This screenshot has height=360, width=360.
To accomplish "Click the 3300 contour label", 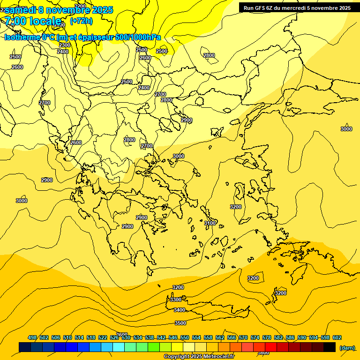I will (176, 300).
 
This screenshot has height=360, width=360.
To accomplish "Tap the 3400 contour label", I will (180, 310).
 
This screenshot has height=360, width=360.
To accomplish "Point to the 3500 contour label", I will (180, 323).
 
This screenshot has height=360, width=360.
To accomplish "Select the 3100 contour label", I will (210, 223).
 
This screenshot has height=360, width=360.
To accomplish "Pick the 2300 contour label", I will (65, 45).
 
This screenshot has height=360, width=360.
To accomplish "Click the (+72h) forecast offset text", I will (81, 21).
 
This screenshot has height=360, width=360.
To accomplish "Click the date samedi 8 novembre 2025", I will (59, 10).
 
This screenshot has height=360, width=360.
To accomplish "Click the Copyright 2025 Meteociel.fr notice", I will (199, 357).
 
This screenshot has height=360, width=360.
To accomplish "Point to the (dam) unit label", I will (347, 347).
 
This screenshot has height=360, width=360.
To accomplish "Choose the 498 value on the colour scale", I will (32, 337).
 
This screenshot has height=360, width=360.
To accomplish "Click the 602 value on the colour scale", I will (337, 337).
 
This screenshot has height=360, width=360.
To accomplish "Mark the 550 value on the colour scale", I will (185, 337).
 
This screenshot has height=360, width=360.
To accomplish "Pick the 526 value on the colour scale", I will (114, 337).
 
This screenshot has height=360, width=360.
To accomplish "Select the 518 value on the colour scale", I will (91, 337).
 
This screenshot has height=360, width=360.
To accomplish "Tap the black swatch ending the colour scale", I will (330, 347).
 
